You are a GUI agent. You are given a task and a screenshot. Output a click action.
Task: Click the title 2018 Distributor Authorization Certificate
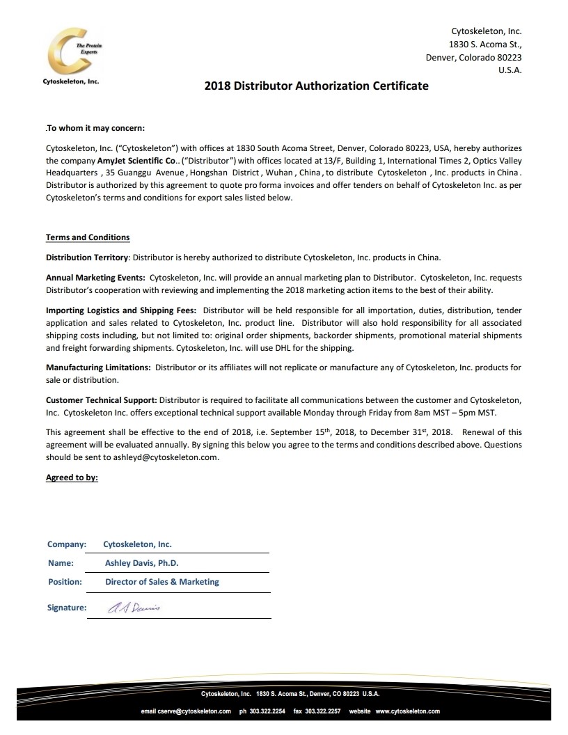click(316, 86)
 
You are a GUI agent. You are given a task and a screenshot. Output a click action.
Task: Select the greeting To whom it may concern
click(95, 128)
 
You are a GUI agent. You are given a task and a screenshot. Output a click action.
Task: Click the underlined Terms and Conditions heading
click(88, 237)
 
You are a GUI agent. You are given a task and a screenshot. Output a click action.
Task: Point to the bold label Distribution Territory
click(87, 257)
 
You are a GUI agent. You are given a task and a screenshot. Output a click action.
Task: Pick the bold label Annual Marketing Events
click(95, 278)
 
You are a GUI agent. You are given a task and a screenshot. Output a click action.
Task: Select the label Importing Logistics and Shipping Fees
click(121, 310)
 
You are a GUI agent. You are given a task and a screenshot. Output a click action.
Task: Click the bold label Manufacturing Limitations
click(97, 367)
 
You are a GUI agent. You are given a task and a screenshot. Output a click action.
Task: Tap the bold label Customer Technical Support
click(102, 400)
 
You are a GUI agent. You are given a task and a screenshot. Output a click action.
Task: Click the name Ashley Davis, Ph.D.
click(142, 563)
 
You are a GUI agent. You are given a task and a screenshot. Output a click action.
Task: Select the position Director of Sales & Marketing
click(162, 581)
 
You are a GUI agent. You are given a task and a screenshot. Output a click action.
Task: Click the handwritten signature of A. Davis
click(134, 607)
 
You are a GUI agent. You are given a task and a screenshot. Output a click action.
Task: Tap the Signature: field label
click(67, 607)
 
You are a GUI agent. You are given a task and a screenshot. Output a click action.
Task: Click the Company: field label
click(67, 544)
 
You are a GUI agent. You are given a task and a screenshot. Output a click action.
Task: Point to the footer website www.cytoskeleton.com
click(407, 711)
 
